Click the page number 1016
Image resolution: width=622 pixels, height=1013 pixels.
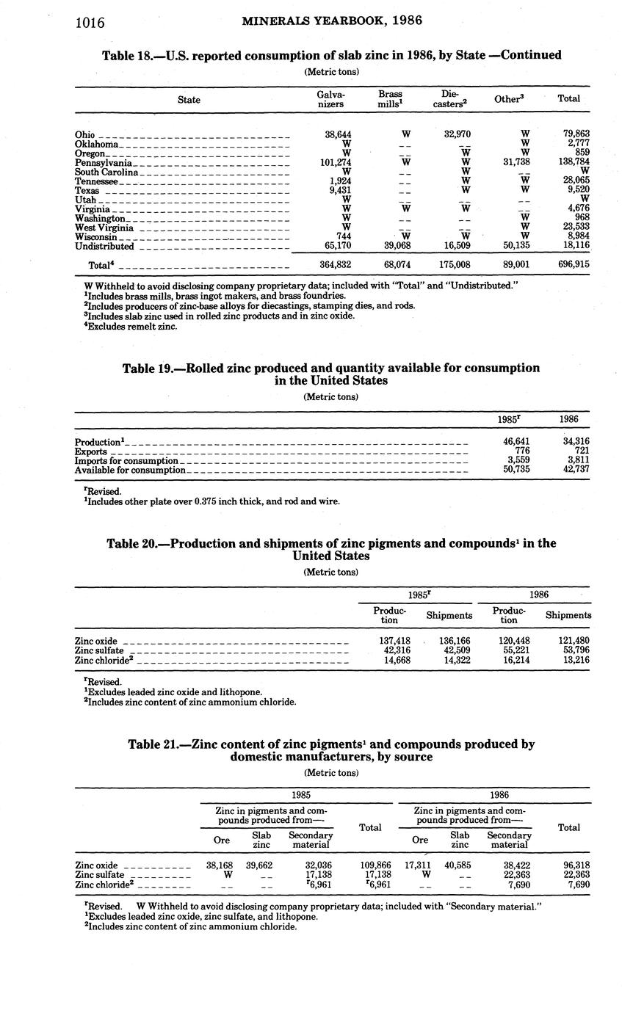click(91, 22)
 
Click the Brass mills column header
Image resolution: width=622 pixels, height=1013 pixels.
click(390, 99)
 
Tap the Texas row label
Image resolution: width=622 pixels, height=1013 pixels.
click(87, 191)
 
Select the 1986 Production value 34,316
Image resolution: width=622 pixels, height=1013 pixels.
click(574, 442)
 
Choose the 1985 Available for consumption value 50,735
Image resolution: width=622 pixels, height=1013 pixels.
click(513, 470)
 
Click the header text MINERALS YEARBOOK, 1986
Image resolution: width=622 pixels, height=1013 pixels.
click(332, 21)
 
